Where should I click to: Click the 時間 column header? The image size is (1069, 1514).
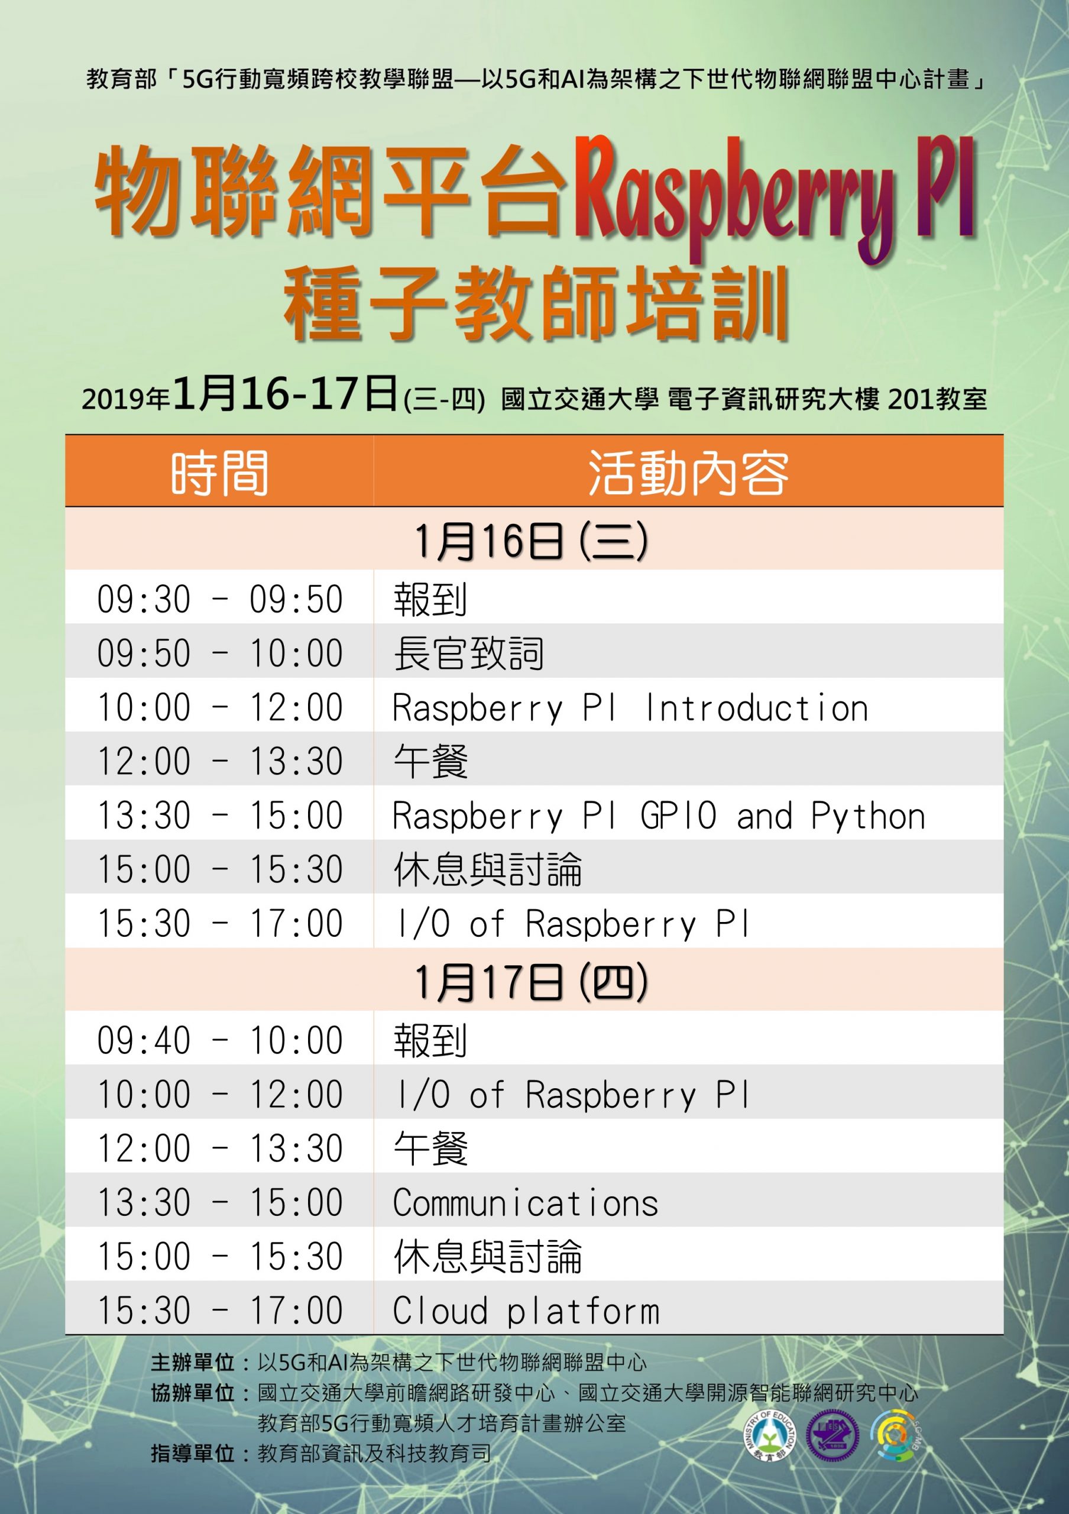219,472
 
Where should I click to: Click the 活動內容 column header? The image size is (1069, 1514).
688,472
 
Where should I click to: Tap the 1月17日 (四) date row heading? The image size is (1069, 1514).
531,982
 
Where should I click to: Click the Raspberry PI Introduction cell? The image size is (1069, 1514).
630,708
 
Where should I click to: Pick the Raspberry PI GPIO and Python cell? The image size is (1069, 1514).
659,816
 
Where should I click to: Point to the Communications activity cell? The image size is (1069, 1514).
525,1204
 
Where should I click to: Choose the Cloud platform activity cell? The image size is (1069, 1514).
526,1311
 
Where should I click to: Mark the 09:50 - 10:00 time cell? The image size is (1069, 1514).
220,654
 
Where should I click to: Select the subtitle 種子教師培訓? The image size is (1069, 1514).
536,305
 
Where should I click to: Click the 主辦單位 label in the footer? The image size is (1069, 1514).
192,1363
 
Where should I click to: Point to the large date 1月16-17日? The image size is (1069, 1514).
286,394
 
